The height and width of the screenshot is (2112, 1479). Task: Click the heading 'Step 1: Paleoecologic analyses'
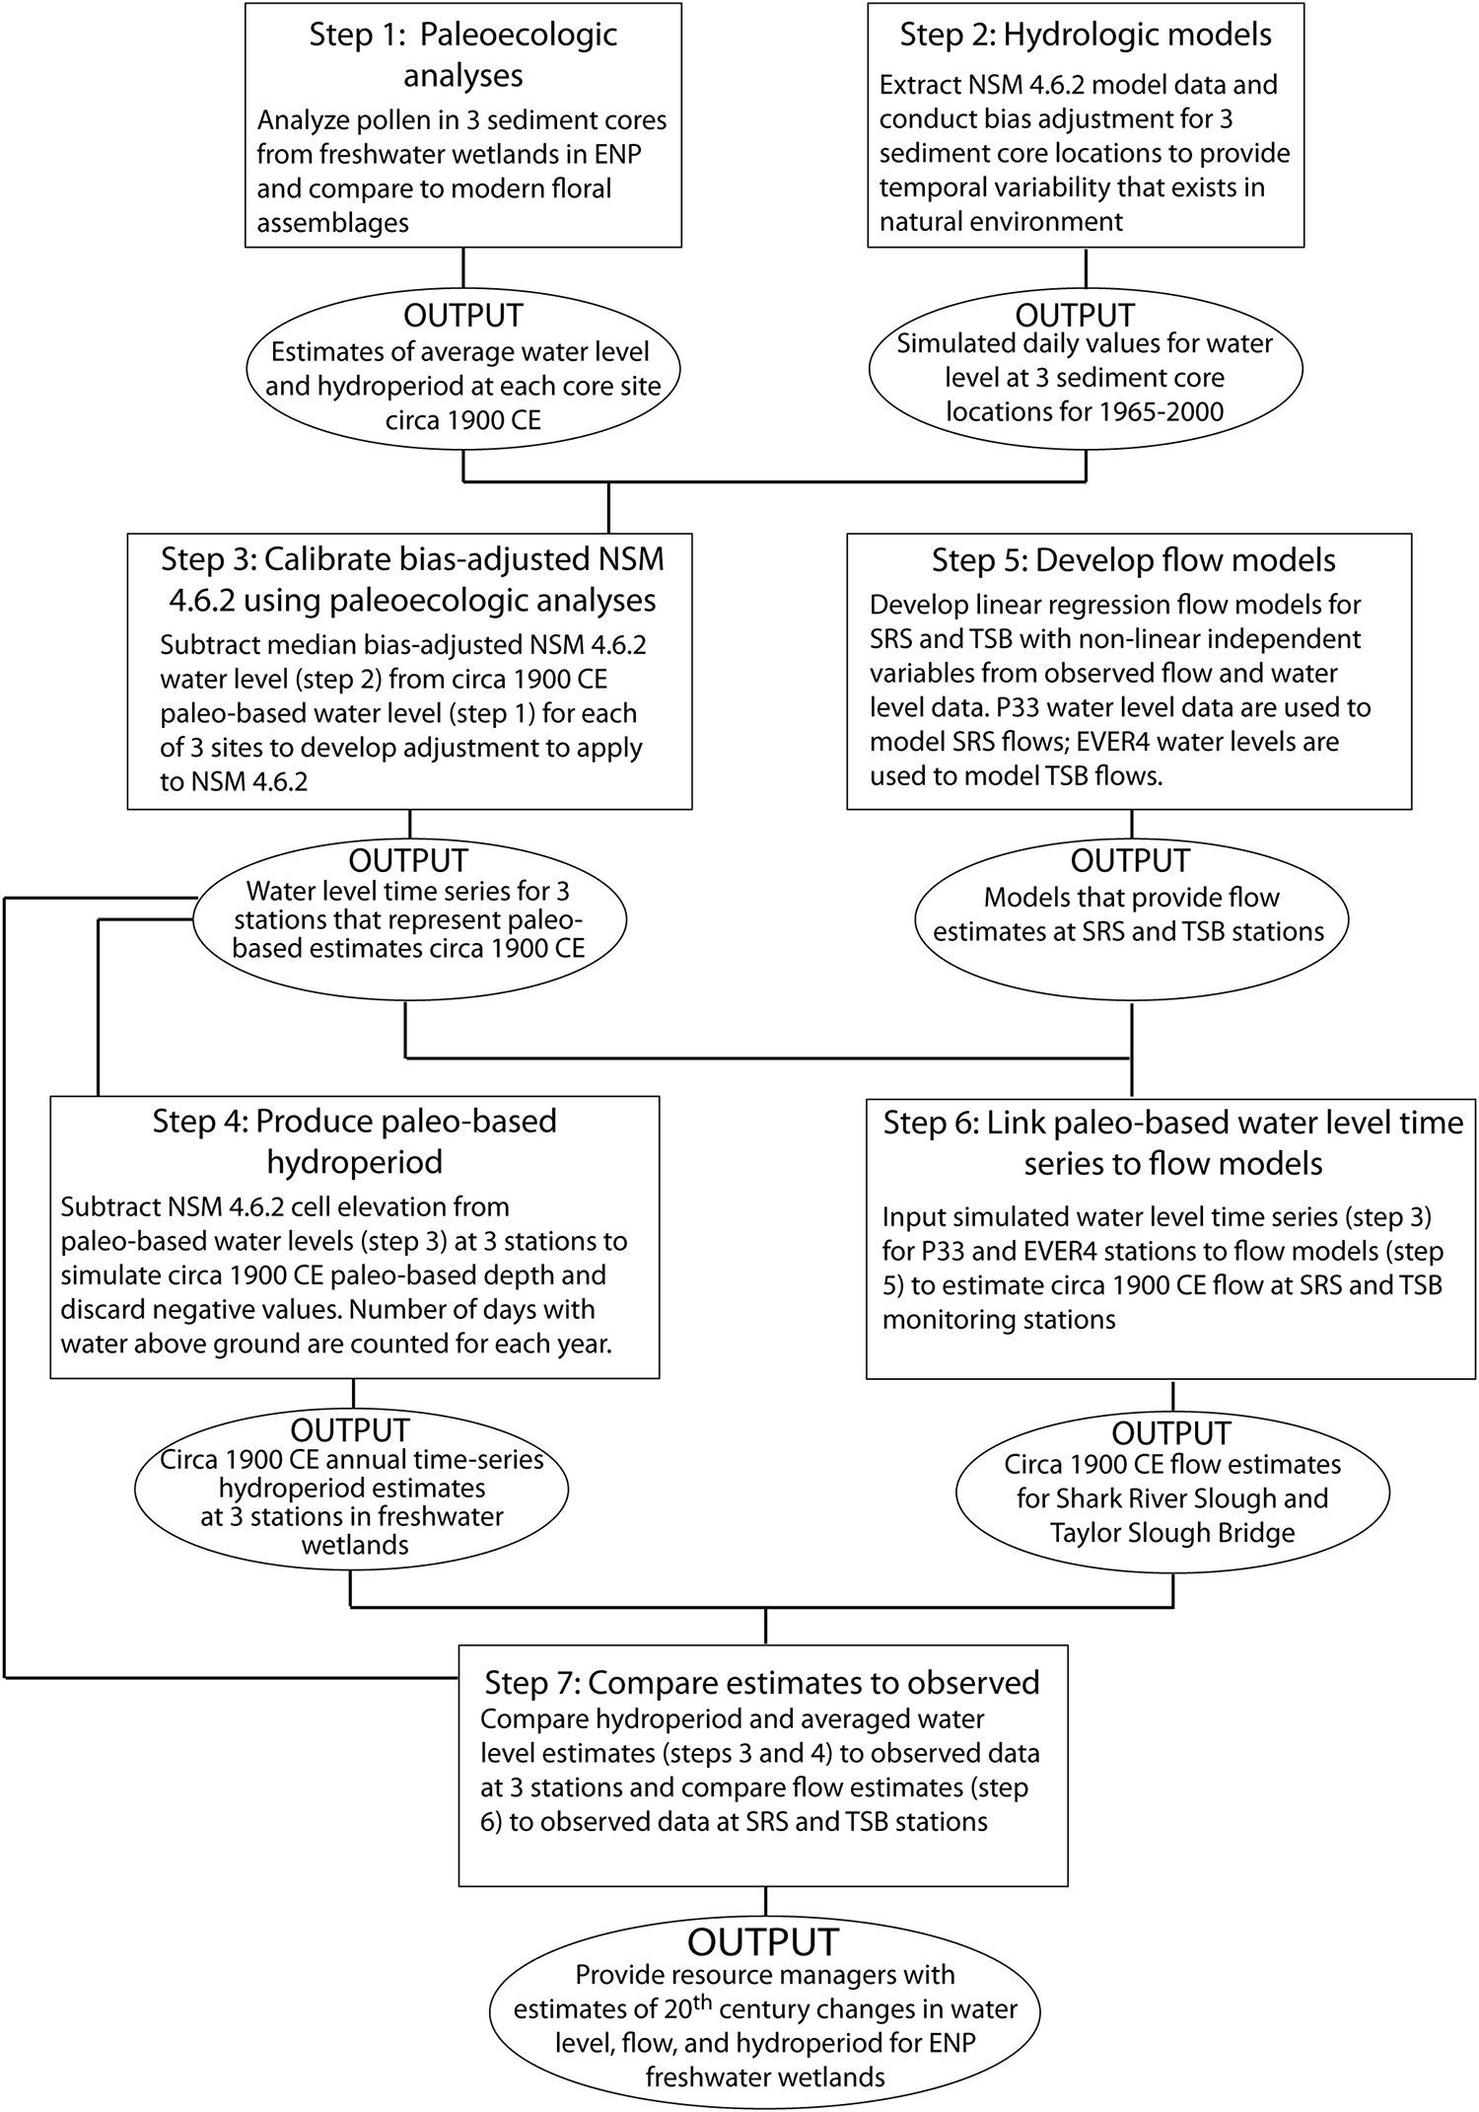462,54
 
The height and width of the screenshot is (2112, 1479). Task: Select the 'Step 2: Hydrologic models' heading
1086,35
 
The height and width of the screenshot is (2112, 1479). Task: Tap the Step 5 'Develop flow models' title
1133,560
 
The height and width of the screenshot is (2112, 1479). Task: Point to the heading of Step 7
761,1682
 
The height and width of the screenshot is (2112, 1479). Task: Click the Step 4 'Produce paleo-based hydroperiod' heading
354,1141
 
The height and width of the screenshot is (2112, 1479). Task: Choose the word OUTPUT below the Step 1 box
462,316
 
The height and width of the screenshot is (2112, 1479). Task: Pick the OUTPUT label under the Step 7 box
763,1942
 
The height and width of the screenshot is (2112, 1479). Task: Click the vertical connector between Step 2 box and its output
1086,269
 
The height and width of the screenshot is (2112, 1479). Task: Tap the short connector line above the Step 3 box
608,507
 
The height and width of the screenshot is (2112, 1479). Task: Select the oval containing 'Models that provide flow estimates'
1130,915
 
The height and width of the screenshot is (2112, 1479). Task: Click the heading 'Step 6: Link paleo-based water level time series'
1172,1142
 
